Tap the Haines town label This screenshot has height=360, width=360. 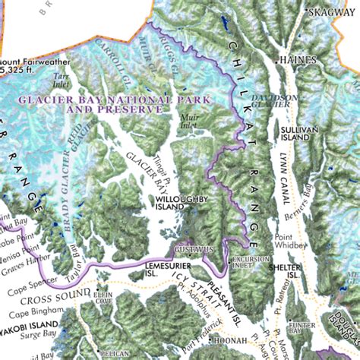point(297,58)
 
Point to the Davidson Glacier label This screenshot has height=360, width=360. point(270,101)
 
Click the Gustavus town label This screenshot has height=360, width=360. point(191,250)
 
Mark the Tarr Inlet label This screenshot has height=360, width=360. point(62,80)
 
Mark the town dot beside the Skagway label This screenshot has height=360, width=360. point(306,12)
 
